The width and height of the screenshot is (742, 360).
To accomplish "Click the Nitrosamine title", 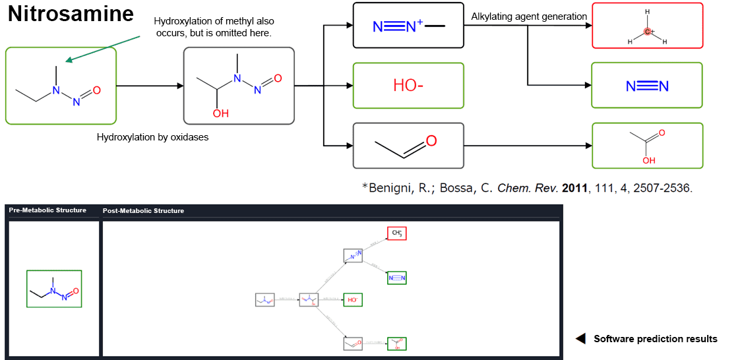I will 71,14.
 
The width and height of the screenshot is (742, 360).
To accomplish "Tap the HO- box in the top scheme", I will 408,85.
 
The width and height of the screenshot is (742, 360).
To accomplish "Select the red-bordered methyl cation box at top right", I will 647,26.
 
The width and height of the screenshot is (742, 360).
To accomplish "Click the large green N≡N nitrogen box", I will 646,85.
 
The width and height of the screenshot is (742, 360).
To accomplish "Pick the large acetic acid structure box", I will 646,145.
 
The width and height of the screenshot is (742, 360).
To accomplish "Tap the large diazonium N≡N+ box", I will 408,26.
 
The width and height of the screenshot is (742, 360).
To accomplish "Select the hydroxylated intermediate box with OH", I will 238,86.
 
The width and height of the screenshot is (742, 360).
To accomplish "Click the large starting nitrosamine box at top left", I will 61,86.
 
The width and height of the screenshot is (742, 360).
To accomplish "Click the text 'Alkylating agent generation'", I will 529,16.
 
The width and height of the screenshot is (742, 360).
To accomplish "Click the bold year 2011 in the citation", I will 574,188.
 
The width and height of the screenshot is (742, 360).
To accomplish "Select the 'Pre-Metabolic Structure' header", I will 47,210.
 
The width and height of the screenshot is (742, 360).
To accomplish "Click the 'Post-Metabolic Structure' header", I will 143,211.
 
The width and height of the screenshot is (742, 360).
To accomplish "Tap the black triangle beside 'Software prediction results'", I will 580,339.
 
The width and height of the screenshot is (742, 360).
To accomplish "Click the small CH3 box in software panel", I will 397,233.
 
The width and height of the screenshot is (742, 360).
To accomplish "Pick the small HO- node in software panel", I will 353,300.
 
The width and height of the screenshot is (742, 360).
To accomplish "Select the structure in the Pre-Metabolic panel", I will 54,289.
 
